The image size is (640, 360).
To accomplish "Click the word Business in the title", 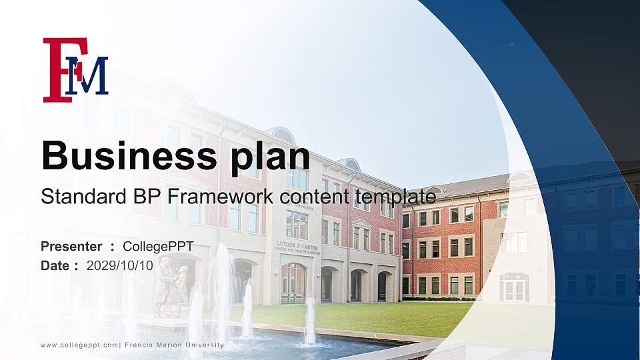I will coord(124,157).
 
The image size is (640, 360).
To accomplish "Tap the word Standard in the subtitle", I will coord(74,197).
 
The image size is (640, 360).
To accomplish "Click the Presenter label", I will coord(71,247).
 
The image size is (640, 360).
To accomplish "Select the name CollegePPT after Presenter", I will coord(158,247).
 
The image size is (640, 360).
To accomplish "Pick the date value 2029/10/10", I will coord(120,265).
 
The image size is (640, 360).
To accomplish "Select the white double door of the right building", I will coord(514,289).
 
